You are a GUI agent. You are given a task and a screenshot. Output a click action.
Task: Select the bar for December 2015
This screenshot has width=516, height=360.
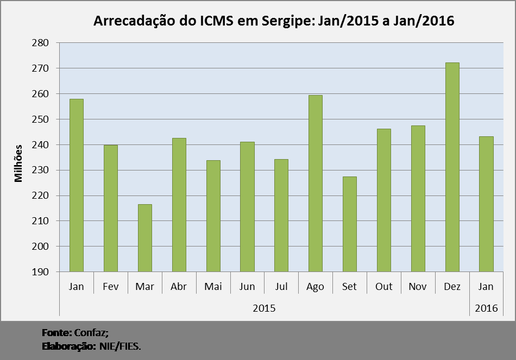[452, 167]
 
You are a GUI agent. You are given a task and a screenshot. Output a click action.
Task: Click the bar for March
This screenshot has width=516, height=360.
[144, 238]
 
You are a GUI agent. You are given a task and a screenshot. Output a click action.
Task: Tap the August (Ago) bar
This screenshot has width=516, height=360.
[315, 184]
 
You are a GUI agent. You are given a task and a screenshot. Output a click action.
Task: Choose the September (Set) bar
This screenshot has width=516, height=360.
[349, 224]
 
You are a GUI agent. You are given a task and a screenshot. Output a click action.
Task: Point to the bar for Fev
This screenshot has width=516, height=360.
[110, 208]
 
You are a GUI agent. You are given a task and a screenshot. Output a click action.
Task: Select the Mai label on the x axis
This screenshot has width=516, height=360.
[212, 287]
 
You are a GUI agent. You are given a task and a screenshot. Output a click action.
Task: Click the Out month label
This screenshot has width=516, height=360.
[383, 287]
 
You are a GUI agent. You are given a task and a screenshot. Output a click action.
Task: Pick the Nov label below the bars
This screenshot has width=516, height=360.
[418, 287]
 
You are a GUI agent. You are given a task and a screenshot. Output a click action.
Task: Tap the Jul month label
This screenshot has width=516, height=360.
[281, 287]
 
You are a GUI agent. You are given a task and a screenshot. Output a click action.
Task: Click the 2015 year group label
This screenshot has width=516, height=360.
[264, 308]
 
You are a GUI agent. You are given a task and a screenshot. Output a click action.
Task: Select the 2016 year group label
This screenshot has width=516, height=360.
[486, 308]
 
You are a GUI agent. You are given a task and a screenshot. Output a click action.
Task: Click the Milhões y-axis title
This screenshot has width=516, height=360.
[18, 163]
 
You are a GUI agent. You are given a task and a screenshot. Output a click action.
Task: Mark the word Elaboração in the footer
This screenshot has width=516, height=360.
[68, 346]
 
